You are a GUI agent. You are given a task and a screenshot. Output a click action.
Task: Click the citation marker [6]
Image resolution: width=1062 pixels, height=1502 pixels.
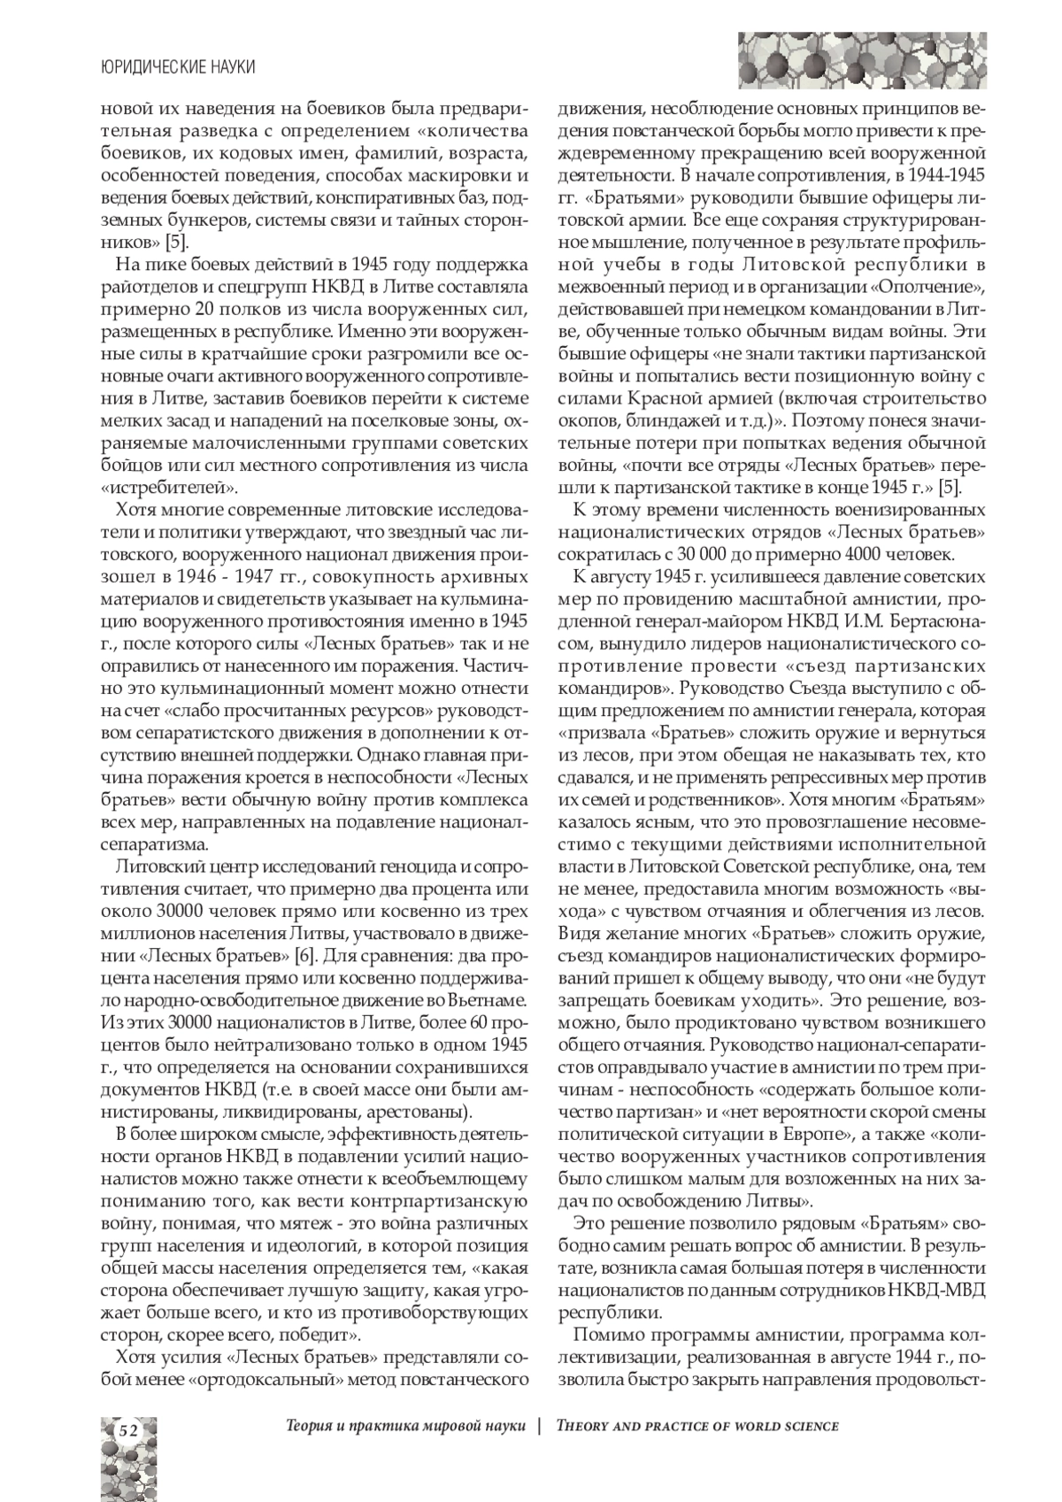coord(306,955)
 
